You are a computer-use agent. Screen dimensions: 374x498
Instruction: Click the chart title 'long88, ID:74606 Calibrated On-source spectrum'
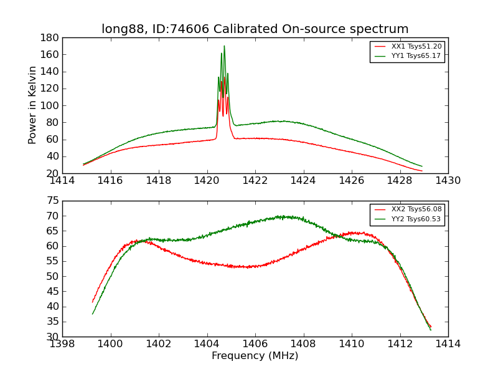(x=255, y=29)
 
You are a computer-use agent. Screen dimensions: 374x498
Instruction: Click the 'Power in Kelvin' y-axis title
(x=32, y=105)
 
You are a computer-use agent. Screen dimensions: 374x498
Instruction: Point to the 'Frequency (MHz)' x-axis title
(x=255, y=356)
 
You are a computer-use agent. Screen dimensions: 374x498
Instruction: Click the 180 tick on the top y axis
(x=50, y=37)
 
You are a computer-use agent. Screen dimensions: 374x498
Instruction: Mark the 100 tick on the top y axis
(x=50, y=105)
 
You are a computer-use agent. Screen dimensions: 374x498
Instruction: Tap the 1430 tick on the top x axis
(x=448, y=181)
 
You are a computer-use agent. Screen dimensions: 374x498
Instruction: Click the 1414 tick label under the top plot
(x=62, y=181)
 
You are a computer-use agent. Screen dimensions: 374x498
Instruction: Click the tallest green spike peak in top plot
(x=224, y=46)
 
